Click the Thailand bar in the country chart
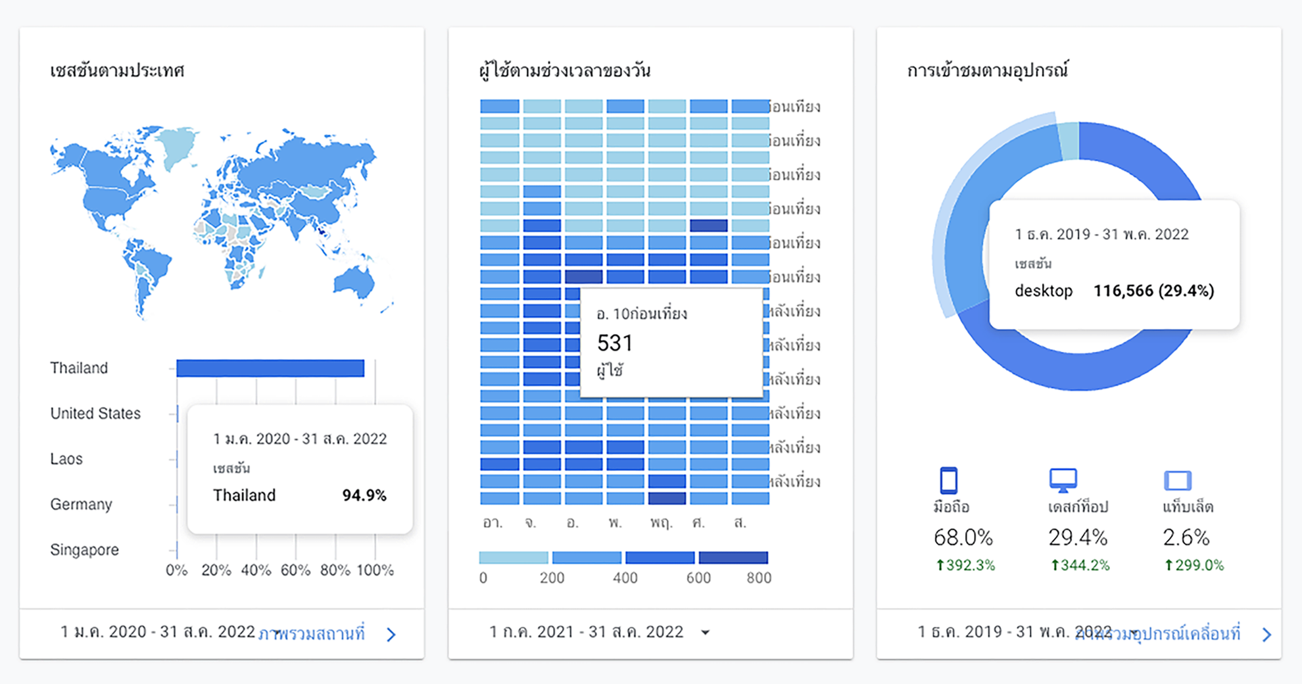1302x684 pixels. (270, 368)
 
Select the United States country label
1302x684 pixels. (95, 413)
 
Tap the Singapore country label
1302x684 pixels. (84, 550)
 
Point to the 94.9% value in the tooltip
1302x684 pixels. (364, 495)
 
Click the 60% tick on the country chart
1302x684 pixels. (295, 570)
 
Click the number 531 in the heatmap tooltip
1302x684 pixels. (614, 343)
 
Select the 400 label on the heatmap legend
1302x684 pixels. (625, 578)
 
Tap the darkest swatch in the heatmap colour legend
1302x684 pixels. (733, 558)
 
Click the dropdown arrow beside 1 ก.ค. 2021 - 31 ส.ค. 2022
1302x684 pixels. (705, 633)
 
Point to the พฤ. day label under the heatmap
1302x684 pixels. (661, 523)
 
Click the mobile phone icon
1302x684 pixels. (948, 480)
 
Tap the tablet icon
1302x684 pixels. (1177, 480)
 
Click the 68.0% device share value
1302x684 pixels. (963, 538)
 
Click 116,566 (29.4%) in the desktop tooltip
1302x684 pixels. (1153, 291)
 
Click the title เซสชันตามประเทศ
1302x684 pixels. (117, 70)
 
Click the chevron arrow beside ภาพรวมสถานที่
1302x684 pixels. (391, 634)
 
